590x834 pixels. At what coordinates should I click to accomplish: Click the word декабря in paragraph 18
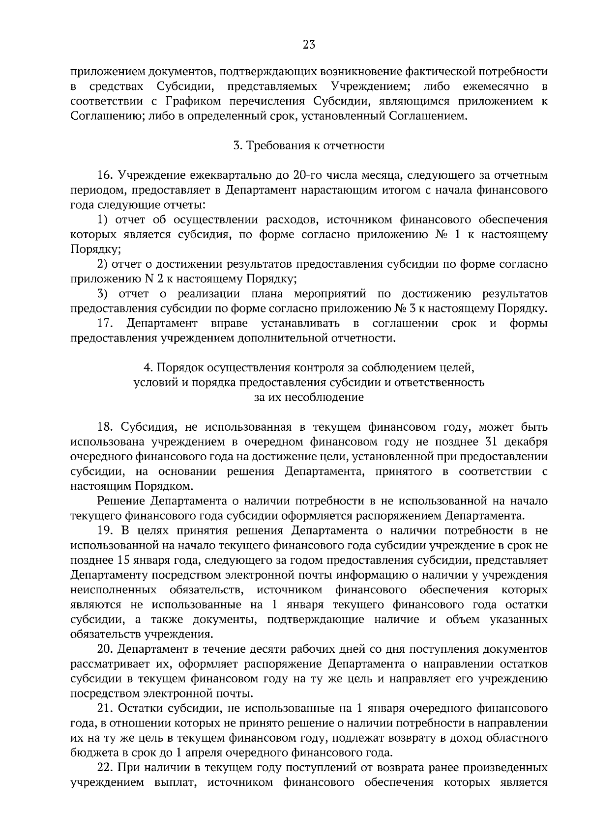528,442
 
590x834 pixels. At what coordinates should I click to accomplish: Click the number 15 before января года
122,560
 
